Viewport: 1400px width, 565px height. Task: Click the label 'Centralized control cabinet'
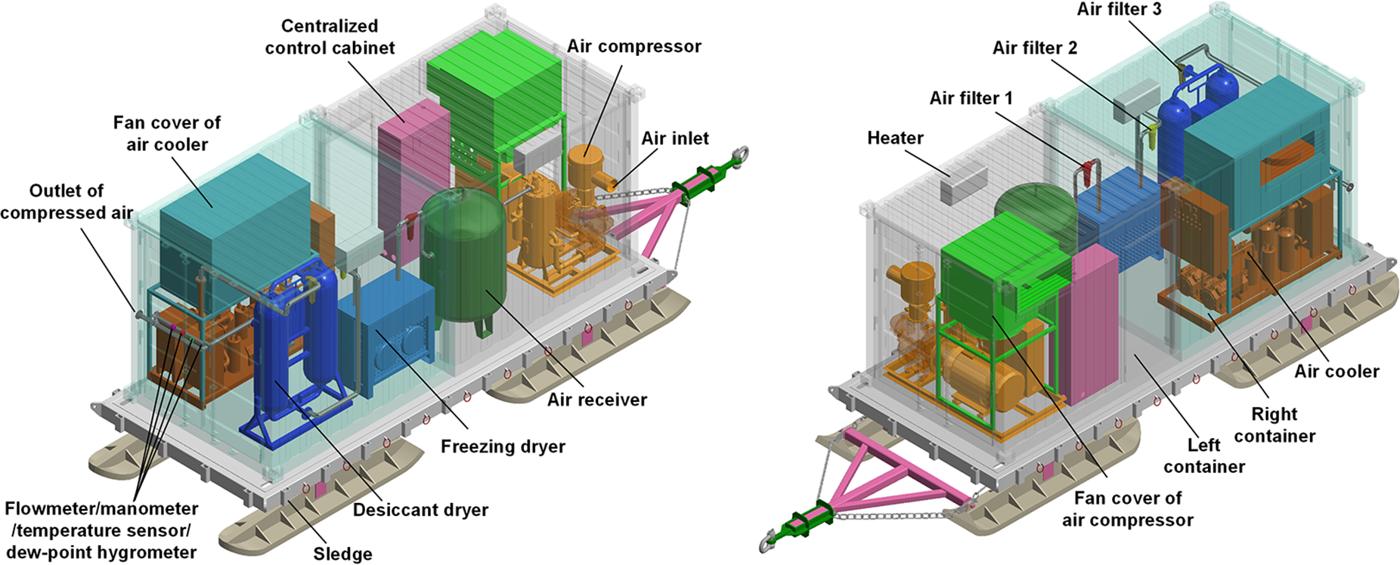click(x=330, y=37)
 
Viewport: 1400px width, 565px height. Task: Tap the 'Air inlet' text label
click(x=675, y=138)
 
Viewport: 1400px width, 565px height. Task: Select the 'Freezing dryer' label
click(x=503, y=446)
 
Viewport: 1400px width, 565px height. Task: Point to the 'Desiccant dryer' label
click(x=420, y=510)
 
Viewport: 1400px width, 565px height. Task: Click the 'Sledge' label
click(x=342, y=554)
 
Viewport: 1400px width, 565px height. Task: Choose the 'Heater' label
click(x=895, y=137)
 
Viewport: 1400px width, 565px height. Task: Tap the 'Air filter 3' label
click(x=1119, y=9)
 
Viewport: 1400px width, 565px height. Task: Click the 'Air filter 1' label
click(x=971, y=98)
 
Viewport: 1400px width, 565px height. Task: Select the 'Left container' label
click(x=1204, y=455)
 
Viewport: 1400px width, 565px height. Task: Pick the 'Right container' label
click(x=1275, y=425)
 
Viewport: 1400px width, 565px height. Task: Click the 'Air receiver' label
click(x=597, y=400)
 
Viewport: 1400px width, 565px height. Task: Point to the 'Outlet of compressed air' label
click(x=67, y=202)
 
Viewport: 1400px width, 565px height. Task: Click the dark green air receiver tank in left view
click(x=461, y=257)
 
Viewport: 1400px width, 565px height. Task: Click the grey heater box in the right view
click(x=964, y=182)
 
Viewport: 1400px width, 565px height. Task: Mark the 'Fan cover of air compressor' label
click(x=1127, y=508)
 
